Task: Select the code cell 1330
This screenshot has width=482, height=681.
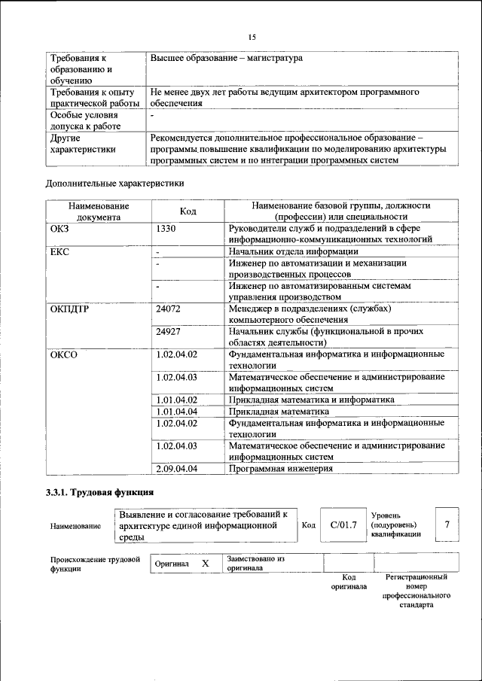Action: point(166,228)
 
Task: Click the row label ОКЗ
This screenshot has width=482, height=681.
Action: point(60,228)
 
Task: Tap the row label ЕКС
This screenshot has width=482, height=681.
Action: point(59,251)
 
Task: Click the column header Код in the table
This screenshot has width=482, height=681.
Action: point(188,211)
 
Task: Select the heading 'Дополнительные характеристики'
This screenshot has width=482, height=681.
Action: point(114,183)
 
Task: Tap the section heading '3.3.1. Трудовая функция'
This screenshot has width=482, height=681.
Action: point(100,493)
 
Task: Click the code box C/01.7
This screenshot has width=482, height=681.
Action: point(343,524)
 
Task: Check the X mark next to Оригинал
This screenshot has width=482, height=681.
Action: point(205,564)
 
